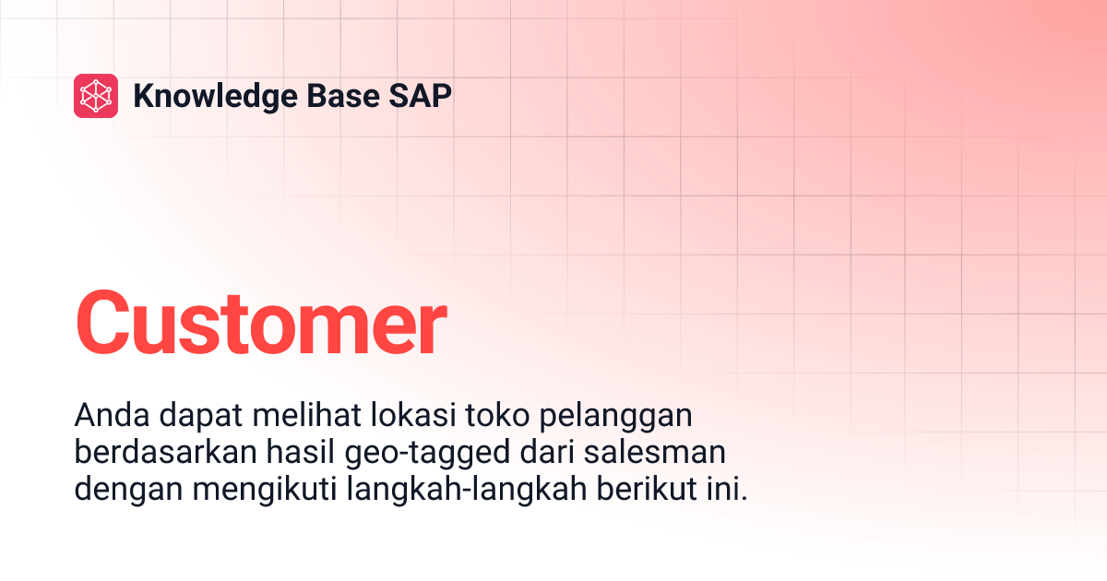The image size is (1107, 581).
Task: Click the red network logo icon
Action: point(96,96)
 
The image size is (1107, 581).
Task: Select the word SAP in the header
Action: point(423,96)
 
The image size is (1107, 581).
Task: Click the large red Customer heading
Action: point(260,324)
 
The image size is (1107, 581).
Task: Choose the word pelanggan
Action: point(613,418)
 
